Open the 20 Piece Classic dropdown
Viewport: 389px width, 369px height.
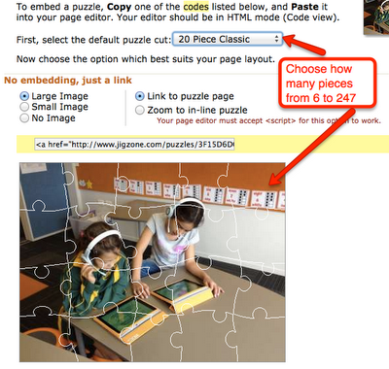(228, 39)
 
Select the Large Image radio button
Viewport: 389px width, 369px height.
(24, 96)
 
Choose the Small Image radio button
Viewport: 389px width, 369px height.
(24, 107)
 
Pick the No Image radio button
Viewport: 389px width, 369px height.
(24, 118)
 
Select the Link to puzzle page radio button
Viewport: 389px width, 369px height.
(140, 96)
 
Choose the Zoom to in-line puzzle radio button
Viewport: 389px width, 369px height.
(140, 110)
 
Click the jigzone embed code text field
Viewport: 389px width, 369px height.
(134, 145)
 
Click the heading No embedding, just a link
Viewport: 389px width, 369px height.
(68, 81)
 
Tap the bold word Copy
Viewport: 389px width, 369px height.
(120, 7)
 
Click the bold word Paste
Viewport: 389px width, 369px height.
(305, 7)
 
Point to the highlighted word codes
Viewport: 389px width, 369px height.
(195, 7)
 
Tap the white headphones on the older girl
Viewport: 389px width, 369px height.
(185, 207)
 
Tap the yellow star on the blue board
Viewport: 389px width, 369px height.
(88, 184)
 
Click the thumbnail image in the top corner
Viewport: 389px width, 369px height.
(376, 17)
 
